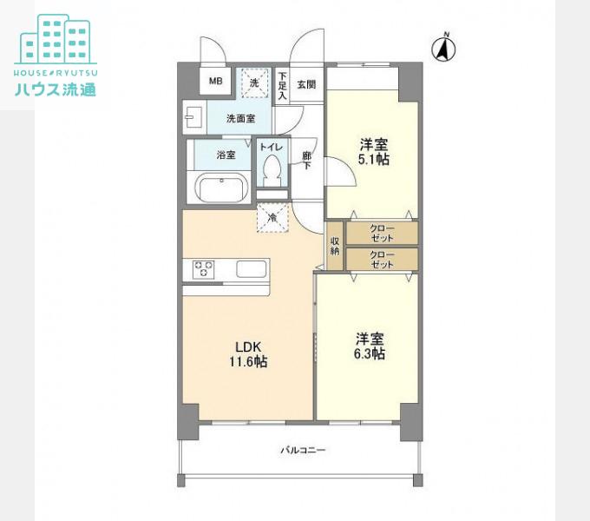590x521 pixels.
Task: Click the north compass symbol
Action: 443,48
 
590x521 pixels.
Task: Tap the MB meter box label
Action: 215,81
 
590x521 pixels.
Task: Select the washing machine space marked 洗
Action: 255,82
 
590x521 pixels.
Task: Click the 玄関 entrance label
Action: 306,85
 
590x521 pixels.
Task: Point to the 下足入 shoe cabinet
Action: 282,84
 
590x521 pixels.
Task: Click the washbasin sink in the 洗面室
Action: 194,118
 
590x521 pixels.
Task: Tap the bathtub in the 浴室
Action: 222,187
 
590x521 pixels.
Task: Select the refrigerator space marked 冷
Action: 272,217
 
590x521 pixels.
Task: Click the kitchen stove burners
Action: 203,269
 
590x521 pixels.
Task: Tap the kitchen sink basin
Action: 251,269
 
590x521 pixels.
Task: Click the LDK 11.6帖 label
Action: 248,354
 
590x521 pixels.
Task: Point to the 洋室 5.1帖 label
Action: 373,152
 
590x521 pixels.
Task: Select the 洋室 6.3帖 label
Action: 370,346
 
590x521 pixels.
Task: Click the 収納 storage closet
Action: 335,246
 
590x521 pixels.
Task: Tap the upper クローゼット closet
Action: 382,233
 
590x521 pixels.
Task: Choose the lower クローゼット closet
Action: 382,259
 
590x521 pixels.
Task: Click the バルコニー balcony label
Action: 304,450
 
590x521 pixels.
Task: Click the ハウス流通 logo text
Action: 56,89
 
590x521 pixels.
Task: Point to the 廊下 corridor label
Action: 307,160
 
